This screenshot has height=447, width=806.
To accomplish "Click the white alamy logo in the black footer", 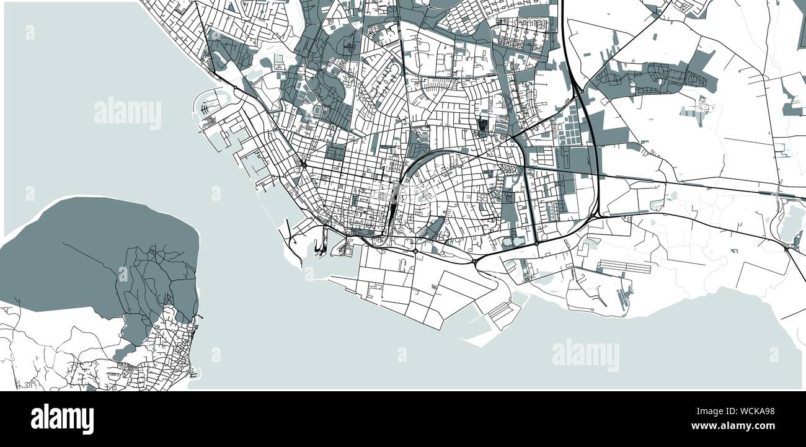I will tap(62, 418).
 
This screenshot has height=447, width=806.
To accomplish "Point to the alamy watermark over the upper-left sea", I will tap(128, 114).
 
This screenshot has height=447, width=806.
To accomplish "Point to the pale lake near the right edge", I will tap(791, 223).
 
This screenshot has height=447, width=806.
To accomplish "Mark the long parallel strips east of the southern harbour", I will tap(623, 267).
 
